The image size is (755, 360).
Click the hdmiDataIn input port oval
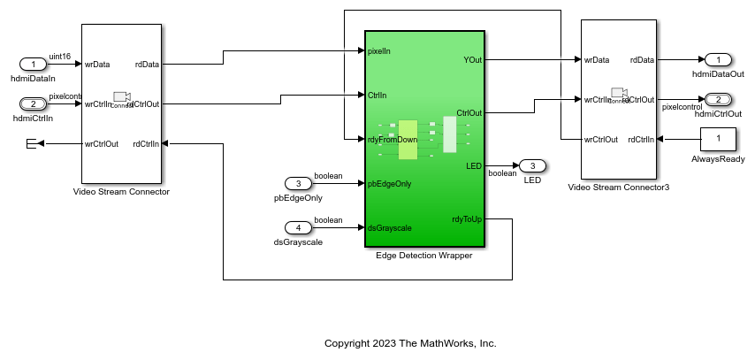pos(33,64)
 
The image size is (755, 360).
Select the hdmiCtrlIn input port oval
pos(33,103)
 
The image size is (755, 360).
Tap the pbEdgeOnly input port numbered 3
pos(299,183)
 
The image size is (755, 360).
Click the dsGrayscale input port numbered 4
pos(299,227)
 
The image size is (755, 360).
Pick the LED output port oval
pos(532,165)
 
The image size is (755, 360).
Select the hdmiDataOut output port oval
pos(719,59)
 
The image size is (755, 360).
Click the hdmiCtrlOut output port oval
pos(719,99)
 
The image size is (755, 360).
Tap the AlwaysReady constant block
pos(718,139)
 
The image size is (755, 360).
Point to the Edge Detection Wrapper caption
pos(423,256)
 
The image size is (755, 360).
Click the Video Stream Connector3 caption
pos(618,188)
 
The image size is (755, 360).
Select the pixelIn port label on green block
pos(378,51)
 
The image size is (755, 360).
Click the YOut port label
pos(472,60)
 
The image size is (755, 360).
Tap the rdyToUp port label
pos(466,218)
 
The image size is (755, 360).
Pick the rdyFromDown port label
pos(392,140)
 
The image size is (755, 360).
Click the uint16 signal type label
pos(59,55)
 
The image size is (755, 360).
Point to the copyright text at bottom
pos(410,342)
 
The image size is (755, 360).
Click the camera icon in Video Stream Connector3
pos(619,93)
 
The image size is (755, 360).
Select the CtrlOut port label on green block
pos(469,112)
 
